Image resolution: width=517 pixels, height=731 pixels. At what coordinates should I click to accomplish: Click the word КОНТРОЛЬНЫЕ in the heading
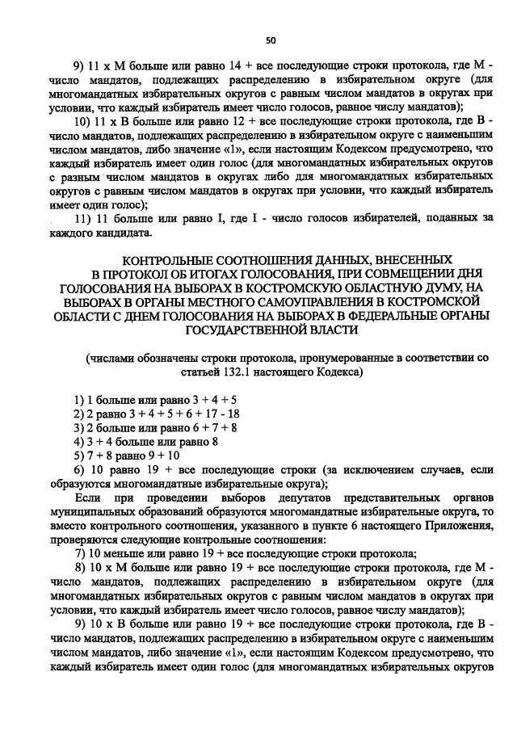[x=170, y=260]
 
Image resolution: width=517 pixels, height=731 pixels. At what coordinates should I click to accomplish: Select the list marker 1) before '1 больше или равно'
[x=78, y=401]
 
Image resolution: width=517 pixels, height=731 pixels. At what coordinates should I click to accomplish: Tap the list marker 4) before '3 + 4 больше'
[x=78, y=442]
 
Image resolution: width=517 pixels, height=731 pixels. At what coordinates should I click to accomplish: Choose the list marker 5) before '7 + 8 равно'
[x=78, y=456]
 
